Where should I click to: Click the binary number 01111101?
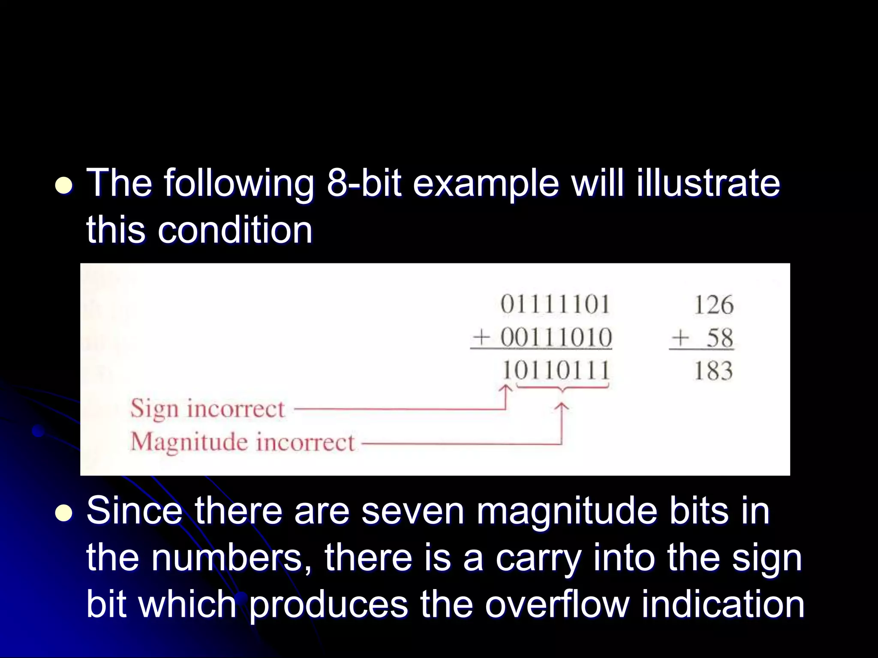point(555,305)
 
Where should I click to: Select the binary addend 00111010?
point(556,338)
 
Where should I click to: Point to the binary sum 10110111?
point(556,371)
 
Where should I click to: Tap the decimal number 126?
point(714,305)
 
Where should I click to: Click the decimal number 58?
point(720,338)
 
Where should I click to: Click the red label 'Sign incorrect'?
point(207,408)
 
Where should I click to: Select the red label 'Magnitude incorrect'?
point(243,442)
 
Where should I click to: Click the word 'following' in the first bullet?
point(239,183)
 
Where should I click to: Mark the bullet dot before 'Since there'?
point(64,513)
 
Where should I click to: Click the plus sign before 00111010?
point(481,338)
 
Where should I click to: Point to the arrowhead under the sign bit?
point(506,388)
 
